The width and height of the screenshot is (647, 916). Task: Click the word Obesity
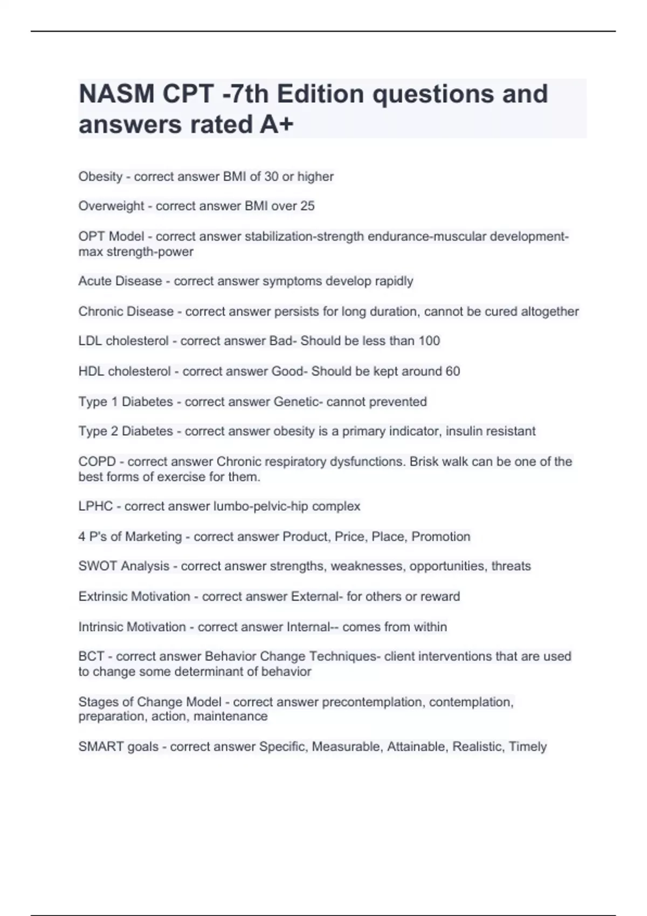click(100, 177)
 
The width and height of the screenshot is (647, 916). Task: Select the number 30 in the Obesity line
click(271, 177)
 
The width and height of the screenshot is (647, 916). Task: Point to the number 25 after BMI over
click(307, 206)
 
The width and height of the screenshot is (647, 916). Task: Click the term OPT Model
click(111, 237)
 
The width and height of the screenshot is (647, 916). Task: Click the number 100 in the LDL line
click(429, 341)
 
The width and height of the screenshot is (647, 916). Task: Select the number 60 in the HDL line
click(453, 371)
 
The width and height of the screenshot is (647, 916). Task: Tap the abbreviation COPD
click(97, 462)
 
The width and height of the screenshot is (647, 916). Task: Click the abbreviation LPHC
click(95, 506)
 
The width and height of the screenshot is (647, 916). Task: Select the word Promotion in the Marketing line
click(441, 537)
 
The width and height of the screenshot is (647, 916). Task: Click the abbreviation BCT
click(91, 656)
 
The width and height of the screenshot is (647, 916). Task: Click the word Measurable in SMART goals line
click(346, 747)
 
